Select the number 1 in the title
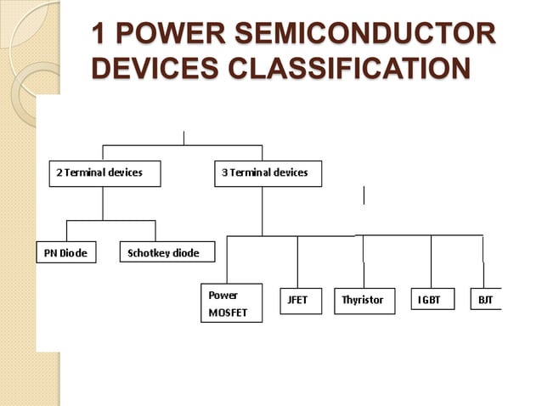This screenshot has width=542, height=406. tap(99, 37)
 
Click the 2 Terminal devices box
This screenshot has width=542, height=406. tap(103, 173)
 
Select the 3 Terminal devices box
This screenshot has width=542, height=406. tap(268, 173)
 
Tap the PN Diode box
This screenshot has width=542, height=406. tap(66, 252)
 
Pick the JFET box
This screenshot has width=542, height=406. tap(301, 301)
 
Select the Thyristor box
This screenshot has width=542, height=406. tap(364, 301)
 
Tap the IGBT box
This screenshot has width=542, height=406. tap(432, 300)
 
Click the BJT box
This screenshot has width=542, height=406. tap(487, 300)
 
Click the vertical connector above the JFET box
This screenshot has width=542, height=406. tap(297, 262)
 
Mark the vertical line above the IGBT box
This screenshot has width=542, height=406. tap(431, 262)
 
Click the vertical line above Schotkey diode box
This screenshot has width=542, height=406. tap(155, 231)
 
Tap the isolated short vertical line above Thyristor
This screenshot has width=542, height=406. tap(364, 195)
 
